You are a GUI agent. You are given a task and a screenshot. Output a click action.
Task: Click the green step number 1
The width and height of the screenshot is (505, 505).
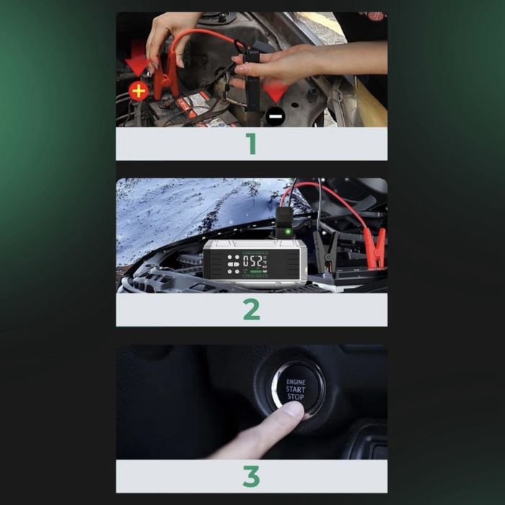[252, 144]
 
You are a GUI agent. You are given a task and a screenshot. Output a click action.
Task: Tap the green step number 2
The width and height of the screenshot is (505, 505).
[252, 309]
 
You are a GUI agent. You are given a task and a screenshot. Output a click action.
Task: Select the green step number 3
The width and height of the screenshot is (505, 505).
[252, 476]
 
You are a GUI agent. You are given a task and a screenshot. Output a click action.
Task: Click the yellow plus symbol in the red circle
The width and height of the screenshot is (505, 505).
[139, 92]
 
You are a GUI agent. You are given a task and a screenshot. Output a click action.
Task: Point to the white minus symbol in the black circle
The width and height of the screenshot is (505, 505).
[276, 117]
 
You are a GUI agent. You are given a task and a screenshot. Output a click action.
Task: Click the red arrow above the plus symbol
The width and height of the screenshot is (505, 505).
[138, 61]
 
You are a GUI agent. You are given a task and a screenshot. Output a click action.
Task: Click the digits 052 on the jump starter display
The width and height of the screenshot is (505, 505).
[252, 261]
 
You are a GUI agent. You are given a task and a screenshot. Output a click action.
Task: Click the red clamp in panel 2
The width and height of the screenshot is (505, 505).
[374, 248]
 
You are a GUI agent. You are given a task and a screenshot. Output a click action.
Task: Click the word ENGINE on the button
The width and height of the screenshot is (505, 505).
[296, 382]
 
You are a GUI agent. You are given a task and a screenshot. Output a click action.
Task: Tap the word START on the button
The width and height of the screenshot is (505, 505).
[295, 390]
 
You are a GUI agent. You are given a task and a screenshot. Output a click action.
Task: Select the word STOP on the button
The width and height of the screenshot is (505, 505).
[295, 397]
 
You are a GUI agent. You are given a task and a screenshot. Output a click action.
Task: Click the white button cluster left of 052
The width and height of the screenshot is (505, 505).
[234, 264]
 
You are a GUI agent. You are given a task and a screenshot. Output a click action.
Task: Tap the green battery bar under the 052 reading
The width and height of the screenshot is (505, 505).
[256, 271]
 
